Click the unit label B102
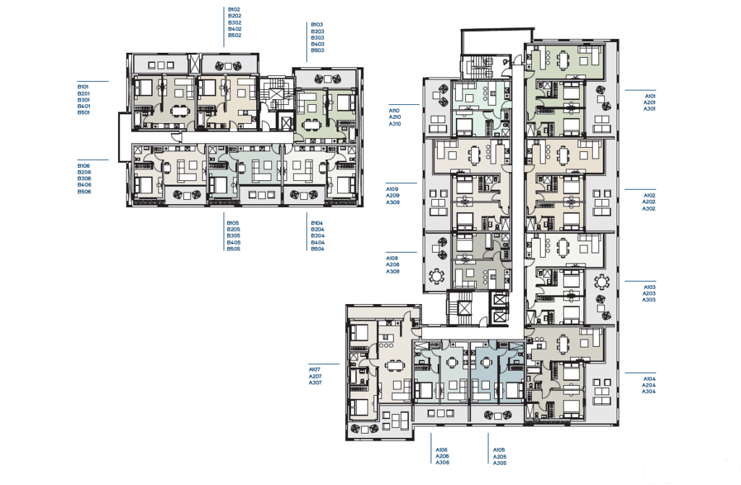(234, 9)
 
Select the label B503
(317, 50)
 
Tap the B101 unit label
(83, 87)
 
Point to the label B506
(84, 191)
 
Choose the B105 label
(233, 223)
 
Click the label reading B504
(318, 248)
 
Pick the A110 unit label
(394, 111)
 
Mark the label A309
(393, 202)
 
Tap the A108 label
(391, 258)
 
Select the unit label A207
(316, 376)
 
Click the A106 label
(441, 450)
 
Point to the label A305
(499, 463)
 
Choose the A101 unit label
(650, 96)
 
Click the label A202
(648, 202)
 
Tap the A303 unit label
(648, 300)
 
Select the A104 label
(649, 379)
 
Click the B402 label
(234, 29)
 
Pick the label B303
(317, 38)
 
